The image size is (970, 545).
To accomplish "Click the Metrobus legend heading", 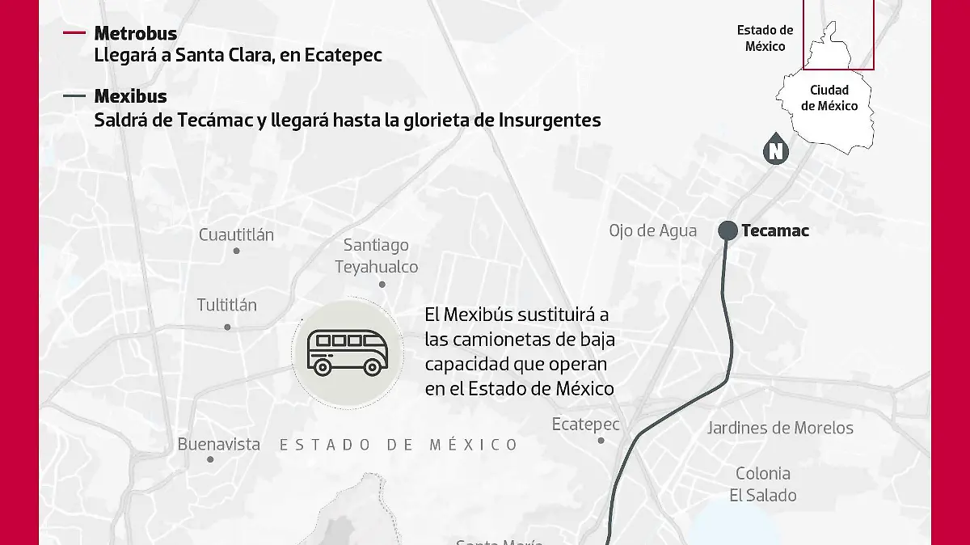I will click(x=135, y=33).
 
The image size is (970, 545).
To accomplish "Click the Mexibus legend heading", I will click(x=130, y=96).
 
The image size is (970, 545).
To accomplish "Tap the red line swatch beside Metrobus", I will click(x=74, y=33).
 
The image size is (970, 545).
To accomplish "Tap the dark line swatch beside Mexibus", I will click(x=74, y=96).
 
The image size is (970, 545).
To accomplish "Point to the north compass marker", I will click(x=776, y=150).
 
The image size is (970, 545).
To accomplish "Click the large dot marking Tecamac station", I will click(x=727, y=230).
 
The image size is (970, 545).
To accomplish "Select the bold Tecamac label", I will click(x=774, y=230).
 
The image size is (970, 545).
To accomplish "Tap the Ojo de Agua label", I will click(x=652, y=230).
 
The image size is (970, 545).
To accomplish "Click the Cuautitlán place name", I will click(x=236, y=234).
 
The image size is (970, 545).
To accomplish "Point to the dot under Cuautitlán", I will click(x=237, y=251).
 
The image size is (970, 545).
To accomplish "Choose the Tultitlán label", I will click(x=226, y=305).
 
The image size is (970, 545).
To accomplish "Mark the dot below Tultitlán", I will click(x=227, y=327).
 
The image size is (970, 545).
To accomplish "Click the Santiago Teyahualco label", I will click(x=377, y=256).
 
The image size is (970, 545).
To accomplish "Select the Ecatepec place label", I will click(x=585, y=424).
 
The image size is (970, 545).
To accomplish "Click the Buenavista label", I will click(x=218, y=444).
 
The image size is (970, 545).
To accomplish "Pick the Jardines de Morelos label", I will click(x=780, y=428).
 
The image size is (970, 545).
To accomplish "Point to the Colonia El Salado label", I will click(x=762, y=484).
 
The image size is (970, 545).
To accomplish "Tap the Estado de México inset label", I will click(x=765, y=38).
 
